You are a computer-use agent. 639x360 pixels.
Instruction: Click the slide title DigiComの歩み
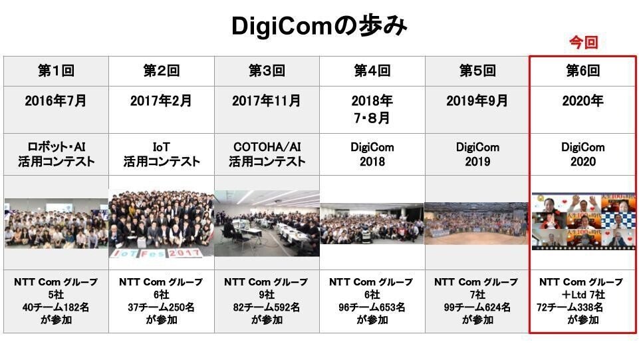tap(319, 26)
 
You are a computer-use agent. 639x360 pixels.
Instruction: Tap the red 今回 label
tap(583, 43)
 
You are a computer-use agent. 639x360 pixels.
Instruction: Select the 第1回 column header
tap(57, 71)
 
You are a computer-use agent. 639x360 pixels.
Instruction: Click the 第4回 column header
tap(372, 71)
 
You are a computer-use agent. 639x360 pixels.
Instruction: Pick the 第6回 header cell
tap(582, 71)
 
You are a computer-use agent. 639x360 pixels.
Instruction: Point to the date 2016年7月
tap(56, 100)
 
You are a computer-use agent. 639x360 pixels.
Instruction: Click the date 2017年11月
tap(267, 100)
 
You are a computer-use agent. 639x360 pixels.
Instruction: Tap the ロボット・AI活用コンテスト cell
tap(57, 154)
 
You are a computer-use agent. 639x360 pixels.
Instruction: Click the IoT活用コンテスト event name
tap(162, 154)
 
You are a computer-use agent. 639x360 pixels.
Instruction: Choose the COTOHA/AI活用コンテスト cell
tap(267, 154)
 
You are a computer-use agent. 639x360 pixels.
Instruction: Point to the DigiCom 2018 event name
tap(372, 154)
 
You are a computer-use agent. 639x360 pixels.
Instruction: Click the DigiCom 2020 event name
tap(582, 154)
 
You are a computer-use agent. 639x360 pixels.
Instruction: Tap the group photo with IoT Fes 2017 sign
tap(162, 224)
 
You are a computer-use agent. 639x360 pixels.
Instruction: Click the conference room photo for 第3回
tap(267, 223)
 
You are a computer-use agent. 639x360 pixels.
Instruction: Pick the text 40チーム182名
tap(56, 307)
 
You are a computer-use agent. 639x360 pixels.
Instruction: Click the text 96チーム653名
tap(372, 307)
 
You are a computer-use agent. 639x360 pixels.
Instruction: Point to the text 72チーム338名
tap(569, 307)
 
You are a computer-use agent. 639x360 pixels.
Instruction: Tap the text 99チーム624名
tap(477, 307)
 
